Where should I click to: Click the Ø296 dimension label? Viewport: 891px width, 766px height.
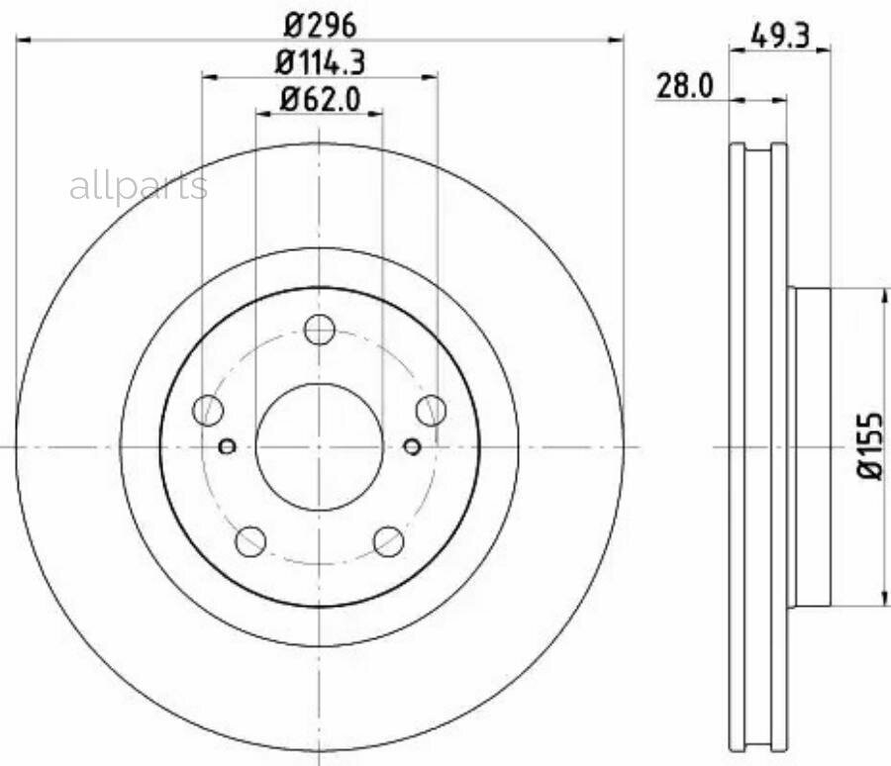pos(320,25)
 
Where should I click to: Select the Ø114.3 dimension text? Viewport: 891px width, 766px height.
pos(320,62)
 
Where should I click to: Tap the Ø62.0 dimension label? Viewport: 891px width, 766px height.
pos(320,100)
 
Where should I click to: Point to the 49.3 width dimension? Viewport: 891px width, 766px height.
pos(780,37)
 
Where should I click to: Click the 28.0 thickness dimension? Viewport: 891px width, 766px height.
pos(684,86)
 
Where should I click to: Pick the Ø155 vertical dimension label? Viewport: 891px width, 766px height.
pos(870,446)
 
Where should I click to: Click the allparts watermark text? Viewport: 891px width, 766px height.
pos(139,187)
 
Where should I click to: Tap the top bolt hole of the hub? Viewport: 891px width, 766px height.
pos(320,329)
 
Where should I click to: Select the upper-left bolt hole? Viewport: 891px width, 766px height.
pos(208,410)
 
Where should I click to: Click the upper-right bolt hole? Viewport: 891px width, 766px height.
pos(431,410)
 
